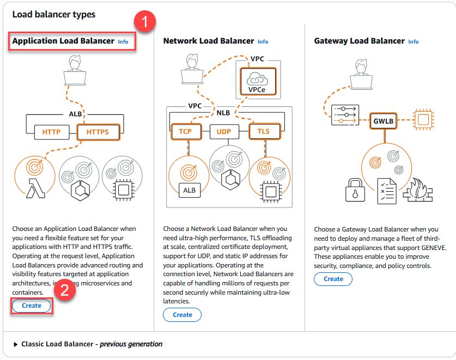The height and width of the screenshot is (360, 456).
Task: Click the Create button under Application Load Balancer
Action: (x=32, y=306)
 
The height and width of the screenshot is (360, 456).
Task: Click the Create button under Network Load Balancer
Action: (x=183, y=315)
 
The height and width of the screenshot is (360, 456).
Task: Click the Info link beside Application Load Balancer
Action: (x=123, y=41)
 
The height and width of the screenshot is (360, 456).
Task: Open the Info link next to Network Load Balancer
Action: (x=263, y=41)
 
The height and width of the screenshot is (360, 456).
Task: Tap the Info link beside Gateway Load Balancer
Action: (x=414, y=41)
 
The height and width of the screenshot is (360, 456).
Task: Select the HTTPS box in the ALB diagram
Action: (x=98, y=132)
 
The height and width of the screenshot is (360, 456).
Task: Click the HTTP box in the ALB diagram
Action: (x=51, y=132)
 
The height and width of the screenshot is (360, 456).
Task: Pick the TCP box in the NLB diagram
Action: (x=185, y=132)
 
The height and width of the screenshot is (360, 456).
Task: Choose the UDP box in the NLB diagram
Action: (x=224, y=132)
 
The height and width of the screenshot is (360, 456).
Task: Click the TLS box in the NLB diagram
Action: (x=264, y=132)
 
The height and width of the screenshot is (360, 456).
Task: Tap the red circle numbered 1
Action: (x=145, y=22)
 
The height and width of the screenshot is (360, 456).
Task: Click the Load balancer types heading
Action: (x=53, y=14)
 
